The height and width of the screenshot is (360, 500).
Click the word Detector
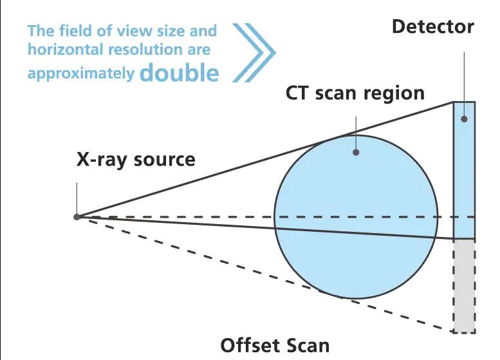tap(432, 26)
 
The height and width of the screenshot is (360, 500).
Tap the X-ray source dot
tap(77, 217)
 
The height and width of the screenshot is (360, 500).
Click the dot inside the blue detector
tap(465, 119)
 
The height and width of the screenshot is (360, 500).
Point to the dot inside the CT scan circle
tap(356, 152)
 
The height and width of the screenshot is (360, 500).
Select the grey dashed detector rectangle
tap(465, 287)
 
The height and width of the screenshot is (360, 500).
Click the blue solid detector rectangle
tap(465, 170)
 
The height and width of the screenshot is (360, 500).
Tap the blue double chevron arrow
tap(254, 53)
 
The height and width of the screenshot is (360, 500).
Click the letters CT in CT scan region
tap(298, 93)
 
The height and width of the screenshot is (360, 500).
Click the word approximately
tap(81, 74)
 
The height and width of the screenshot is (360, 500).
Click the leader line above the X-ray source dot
tap(77, 198)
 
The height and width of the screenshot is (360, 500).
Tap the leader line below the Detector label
tap(465, 84)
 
